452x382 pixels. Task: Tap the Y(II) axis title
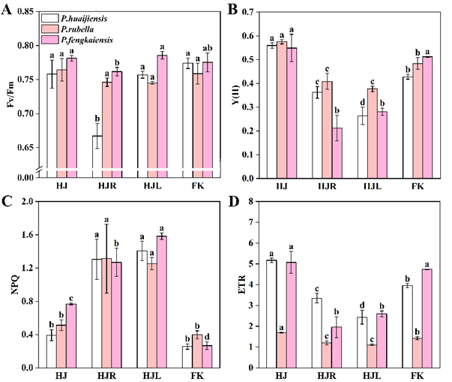tap(238, 94)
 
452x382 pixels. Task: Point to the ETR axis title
tap(238, 284)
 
